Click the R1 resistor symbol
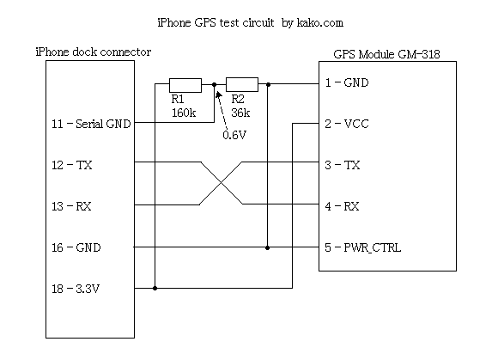click(x=185, y=85)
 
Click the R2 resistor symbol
click(x=242, y=84)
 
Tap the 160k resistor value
click(x=184, y=113)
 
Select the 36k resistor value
click(x=240, y=113)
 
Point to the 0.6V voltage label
click(x=234, y=135)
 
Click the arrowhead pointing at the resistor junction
click(x=218, y=95)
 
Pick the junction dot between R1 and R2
click(x=214, y=85)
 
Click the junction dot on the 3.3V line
click(x=155, y=288)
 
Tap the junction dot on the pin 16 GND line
click(x=267, y=247)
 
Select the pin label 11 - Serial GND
click(x=91, y=124)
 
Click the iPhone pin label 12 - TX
click(x=72, y=165)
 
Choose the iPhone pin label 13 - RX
click(x=71, y=206)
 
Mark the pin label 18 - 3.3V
click(x=76, y=289)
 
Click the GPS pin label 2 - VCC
click(x=347, y=124)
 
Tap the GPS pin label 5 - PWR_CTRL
click(x=362, y=247)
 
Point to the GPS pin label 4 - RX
click(x=342, y=206)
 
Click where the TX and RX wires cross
click(x=221, y=183)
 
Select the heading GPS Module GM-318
click(x=386, y=54)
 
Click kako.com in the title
click(x=320, y=23)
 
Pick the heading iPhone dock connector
click(x=94, y=52)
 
